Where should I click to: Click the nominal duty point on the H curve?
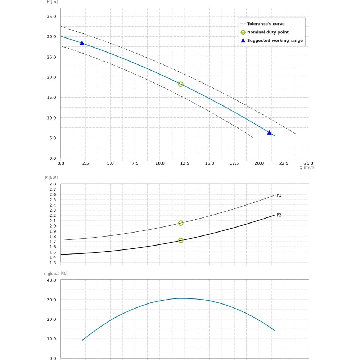pyautogui.click(x=181, y=84)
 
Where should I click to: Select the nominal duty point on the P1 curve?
pyautogui.click(x=181, y=223)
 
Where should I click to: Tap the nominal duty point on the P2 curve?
pyautogui.click(x=181, y=240)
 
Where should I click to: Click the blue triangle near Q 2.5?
pyautogui.click(x=82, y=43)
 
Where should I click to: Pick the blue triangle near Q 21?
pyautogui.click(x=269, y=132)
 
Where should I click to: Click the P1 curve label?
pyautogui.click(x=279, y=195)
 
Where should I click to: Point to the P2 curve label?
pyautogui.click(x=279, y=215)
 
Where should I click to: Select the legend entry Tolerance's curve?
pyautogui.click(x=266, y=24)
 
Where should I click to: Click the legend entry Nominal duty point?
pyautogui.click(x=268, y=32)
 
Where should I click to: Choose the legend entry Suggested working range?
pyautogui.click(x=275, y=40)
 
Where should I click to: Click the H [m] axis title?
pyautogui.click(x=52, y=2)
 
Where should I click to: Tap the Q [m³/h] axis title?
pyautogui.click(x=307, y=167)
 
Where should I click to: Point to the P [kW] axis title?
pyautogui.click(x=51, y=177)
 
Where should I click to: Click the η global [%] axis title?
pyautogui.click(x=56, y=274)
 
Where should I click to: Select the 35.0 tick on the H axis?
pyautogui.click(x=51, y=17)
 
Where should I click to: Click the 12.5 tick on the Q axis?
pyautogui.click(x=185, y=163)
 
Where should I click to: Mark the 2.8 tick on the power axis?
pyautogui.click(x=53, y=184)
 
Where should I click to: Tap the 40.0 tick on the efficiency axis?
pyautogui.click(x=51, y=280)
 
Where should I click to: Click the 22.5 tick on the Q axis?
pyautogui.click(x=284, y=163)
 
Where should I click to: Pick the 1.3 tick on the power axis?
pyautogui.click(x=53, y=262)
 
